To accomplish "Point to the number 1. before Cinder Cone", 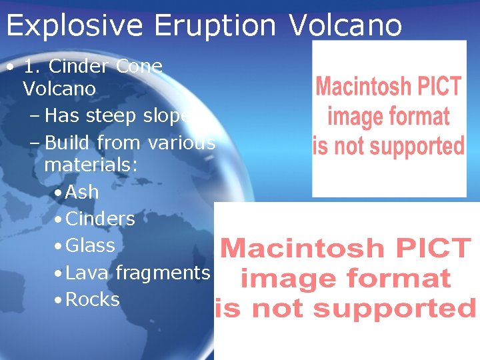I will point(33,67).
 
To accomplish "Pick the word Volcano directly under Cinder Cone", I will point(59,89).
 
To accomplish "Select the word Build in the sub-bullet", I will point(68,143).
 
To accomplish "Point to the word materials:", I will point(91,165).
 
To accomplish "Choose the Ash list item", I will point(82,192).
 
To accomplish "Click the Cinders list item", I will point(100,219).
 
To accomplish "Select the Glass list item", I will point(91,245).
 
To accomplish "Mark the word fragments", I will point(163,273).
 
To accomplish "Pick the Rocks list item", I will point(93,299).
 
